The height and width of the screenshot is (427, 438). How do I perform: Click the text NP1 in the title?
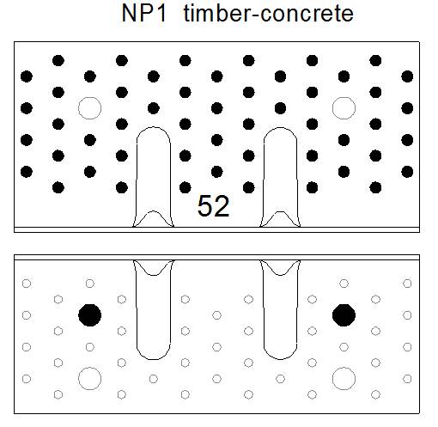(x=143, y=14)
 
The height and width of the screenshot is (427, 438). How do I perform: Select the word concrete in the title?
(x=307, y=15)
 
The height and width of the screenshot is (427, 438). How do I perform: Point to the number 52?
(x=214, y=205)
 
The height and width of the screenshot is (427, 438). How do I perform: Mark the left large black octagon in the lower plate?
(x=89, y=315)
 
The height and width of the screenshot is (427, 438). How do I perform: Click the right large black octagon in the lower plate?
(x=344, y=315)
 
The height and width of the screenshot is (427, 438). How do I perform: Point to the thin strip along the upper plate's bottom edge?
(x=216, y=229)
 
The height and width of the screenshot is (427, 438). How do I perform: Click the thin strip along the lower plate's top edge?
(x=216, y=258)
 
